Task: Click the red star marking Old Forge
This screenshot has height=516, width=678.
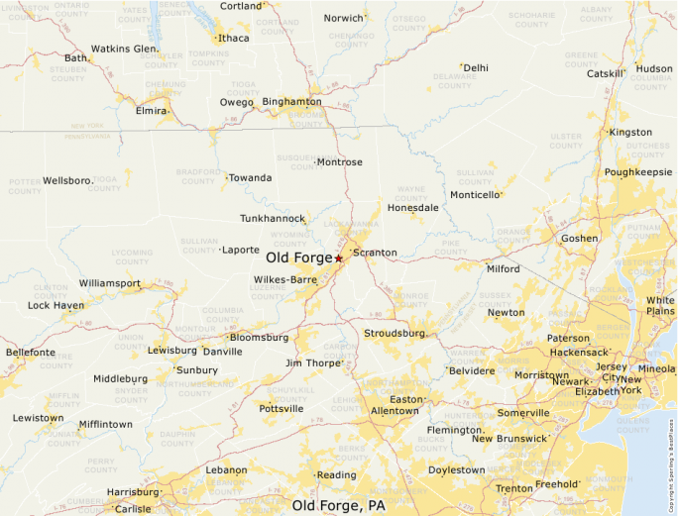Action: click(x=338, y=258)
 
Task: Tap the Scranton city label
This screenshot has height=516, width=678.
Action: click(x=376, y=253)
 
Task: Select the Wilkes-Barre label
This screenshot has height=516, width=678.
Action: click(x=285, y=279)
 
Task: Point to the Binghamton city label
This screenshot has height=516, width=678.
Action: click(x=291, y=101)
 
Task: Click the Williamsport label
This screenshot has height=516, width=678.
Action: click(x=109, y=283)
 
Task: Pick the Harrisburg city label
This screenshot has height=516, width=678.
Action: click(x=132, y=491)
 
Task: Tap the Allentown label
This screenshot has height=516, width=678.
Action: click(x=395, y=410)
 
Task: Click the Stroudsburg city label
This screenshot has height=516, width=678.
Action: click(x=394, y=334)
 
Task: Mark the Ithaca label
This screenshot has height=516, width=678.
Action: click(x=234, y=39)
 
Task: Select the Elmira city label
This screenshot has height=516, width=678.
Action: click(x=151, y=111)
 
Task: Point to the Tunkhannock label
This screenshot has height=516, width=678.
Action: click(x=272, y=218)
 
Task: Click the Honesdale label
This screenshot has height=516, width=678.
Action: click(x=413, y=208)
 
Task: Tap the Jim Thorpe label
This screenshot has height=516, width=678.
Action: click(x=312, y=363)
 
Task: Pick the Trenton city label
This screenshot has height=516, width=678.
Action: click(x=513, y=488)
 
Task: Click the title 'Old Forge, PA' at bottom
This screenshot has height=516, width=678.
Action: click(x=339, y=506)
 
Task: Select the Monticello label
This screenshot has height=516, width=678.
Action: click(x=475, y=195)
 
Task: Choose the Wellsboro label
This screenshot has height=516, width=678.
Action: click(x=67, y=181)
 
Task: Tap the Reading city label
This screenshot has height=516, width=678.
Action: click(x=337, y=475)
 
